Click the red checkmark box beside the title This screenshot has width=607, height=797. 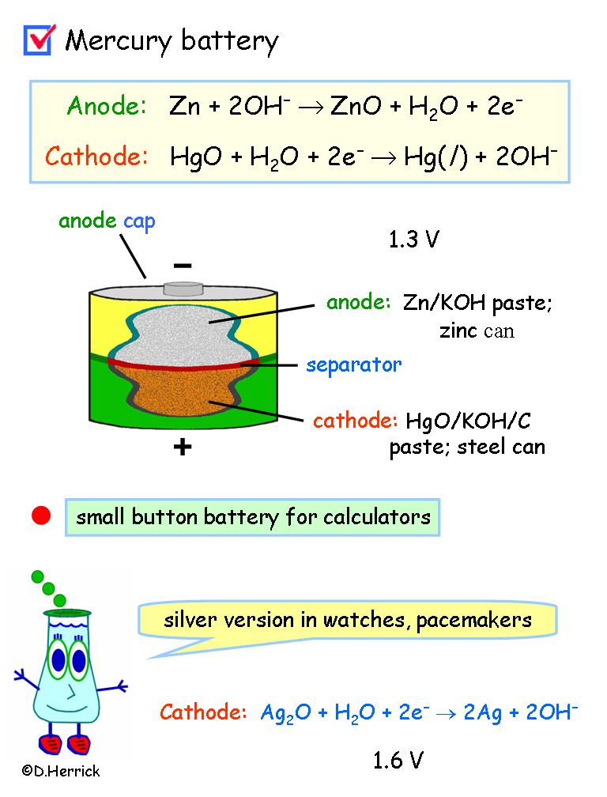pos(38,39)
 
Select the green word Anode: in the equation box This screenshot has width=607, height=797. pos(107,107)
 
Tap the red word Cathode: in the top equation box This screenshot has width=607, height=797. pos(96,156)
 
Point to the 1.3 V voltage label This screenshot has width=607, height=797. pos(413,240)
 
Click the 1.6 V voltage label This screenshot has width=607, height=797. pos(398,761)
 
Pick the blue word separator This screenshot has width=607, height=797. pos(354,365)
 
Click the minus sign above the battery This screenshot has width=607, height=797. pos(183,265)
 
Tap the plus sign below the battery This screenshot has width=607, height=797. pos(183,447)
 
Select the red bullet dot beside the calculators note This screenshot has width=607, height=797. pos(41,517)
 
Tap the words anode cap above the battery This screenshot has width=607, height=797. pos(107,221)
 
